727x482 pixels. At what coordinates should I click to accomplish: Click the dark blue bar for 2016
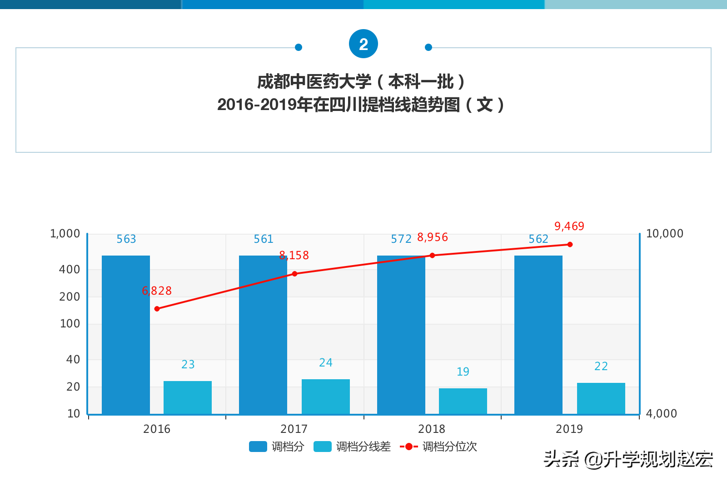126,334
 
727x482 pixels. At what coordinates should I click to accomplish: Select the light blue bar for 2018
463,401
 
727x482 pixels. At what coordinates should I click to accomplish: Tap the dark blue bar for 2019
538,334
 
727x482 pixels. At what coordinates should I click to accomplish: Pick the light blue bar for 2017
325,396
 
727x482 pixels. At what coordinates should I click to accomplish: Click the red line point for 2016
157,309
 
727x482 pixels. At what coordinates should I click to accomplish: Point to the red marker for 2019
570,245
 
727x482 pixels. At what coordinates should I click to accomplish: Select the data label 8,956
432,237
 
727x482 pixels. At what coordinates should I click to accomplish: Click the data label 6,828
157,291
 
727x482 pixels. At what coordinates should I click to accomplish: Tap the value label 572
401,239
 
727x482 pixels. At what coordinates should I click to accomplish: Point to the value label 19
463,372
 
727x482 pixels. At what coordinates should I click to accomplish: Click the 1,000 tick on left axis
65,234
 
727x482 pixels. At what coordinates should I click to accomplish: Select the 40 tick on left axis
73,360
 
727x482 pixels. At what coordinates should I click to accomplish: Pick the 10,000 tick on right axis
664,234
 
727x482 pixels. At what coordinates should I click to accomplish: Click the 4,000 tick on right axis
661,414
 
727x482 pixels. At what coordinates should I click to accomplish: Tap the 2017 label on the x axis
294,429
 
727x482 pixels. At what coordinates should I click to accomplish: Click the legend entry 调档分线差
353,447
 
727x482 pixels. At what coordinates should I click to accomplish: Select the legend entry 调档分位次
439,447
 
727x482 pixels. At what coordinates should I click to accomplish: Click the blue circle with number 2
363,44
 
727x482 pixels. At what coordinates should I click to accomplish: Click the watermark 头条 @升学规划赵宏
628,459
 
